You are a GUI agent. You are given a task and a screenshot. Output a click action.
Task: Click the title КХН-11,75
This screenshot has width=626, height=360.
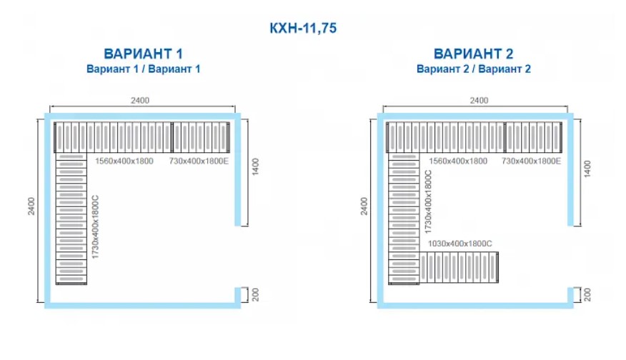coord(302,29)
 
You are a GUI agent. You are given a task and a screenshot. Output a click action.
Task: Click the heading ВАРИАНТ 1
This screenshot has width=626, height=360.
coord(144,54)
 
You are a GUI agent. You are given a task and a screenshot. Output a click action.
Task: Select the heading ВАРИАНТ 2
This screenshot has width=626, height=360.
coord(474,54)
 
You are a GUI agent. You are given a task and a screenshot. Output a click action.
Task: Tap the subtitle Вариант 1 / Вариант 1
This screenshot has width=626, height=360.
coord(144,69)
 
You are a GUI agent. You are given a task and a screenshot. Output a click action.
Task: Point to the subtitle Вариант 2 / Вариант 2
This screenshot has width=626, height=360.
coord(474,69)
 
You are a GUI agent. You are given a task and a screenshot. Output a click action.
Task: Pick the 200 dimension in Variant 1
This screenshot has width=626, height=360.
coord(254,294)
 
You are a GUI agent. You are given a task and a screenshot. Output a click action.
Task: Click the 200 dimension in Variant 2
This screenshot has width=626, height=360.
coord(587,294)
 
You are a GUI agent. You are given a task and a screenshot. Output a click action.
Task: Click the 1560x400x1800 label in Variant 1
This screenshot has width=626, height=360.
coord(124,161)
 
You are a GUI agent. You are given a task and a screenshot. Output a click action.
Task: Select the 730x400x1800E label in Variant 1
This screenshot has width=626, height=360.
coord(199,161)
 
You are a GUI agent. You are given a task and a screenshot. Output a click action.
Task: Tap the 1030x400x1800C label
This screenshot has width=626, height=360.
coord(460,244)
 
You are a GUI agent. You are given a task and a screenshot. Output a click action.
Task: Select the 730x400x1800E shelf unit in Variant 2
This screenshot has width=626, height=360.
coord(534,136)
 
